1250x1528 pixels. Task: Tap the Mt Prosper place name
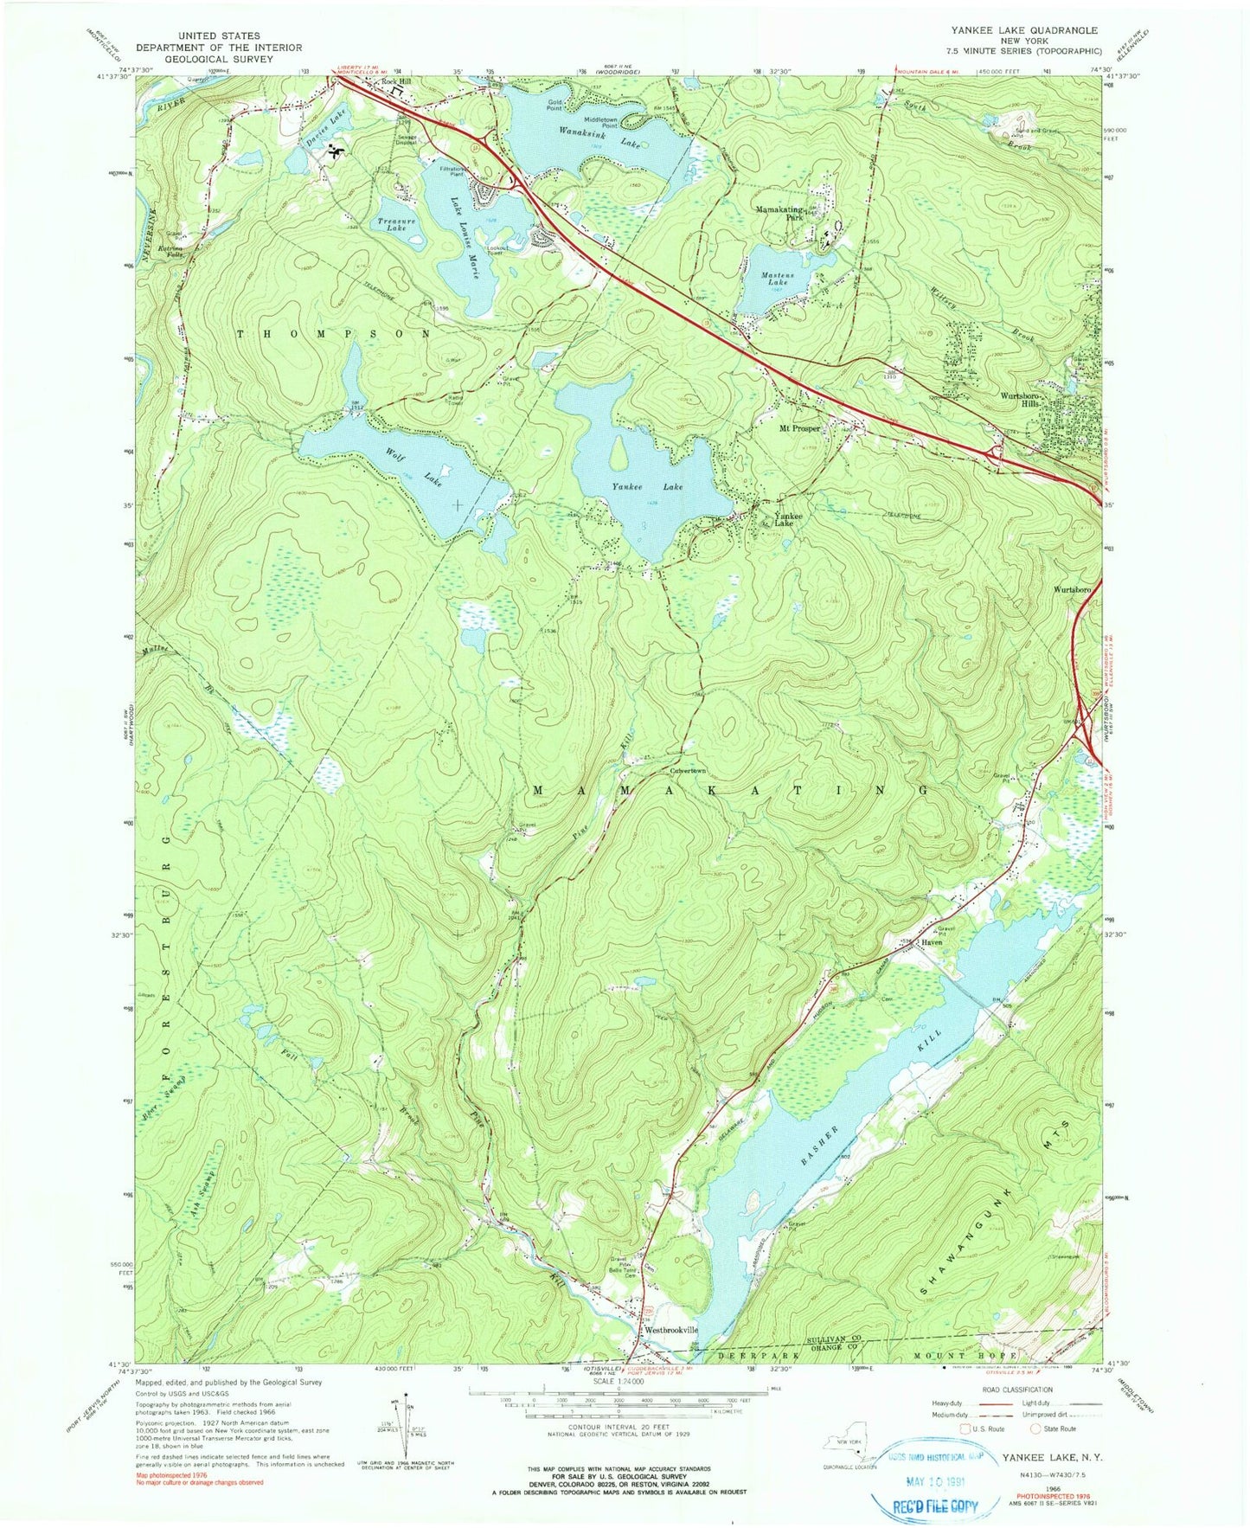click(799, 428)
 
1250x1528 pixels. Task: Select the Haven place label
click(931, 942)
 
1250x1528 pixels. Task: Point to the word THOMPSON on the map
click(332, 333)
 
